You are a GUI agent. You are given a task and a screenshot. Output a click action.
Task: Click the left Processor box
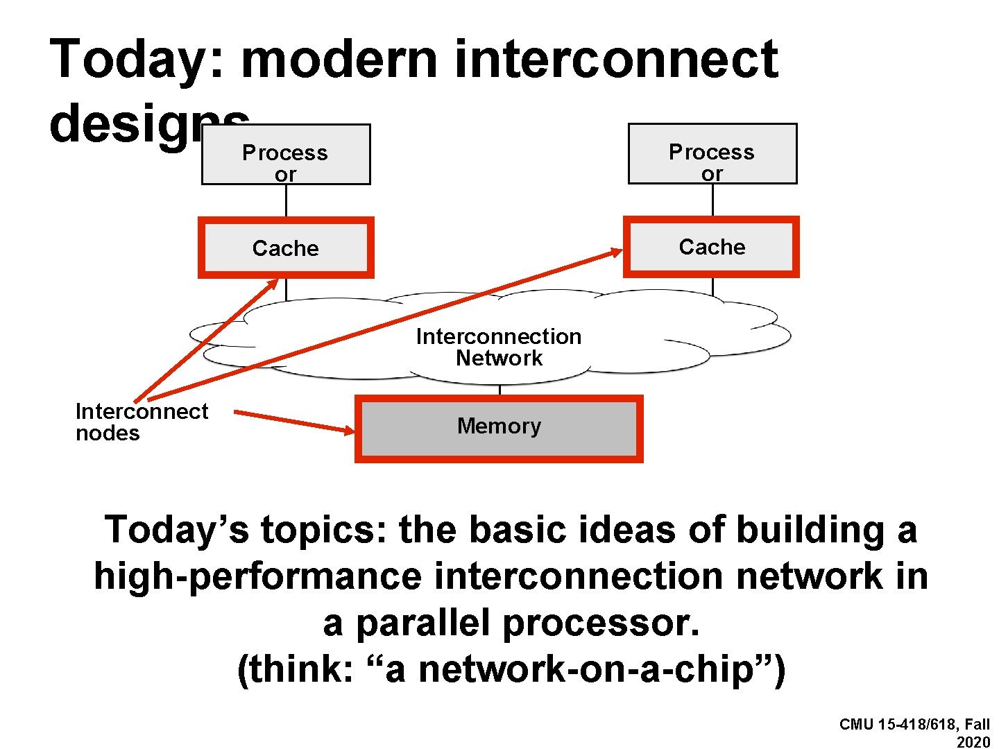(286, 155)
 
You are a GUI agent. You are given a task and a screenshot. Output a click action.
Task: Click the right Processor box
(712, 153)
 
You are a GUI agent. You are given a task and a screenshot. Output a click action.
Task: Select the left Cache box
(286, 248)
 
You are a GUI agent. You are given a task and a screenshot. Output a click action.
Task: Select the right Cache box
(712, 247)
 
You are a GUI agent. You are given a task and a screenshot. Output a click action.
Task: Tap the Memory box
(499, 428)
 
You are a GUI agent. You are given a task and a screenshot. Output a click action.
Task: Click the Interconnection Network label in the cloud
(499, 347)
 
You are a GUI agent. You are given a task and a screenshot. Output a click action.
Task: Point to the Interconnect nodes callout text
(141, 422)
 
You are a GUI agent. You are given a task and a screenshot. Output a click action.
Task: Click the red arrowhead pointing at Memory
(349, 430)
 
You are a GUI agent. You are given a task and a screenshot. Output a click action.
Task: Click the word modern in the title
(340, 59)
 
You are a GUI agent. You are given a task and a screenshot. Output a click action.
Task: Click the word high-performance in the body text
(257, 576)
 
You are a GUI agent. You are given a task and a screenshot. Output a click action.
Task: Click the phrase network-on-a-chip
(586, 669)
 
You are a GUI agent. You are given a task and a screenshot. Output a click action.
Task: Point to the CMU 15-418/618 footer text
(914, 725)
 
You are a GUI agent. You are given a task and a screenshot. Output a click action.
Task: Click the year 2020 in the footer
(973, 742)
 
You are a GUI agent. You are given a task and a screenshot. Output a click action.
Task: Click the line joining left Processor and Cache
(286, 201)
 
